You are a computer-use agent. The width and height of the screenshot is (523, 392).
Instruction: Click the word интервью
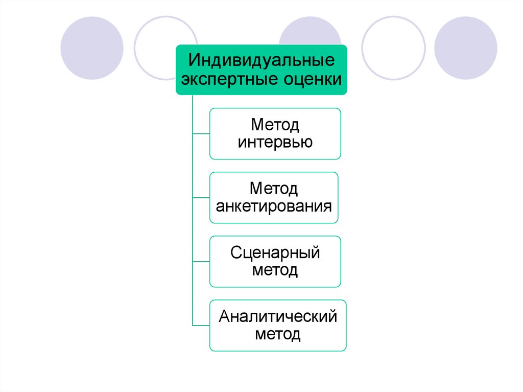275,142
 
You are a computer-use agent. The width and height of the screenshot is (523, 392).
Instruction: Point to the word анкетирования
274,206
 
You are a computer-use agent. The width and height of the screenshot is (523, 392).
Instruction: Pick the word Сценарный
275,252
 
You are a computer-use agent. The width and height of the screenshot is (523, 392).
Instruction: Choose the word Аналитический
278,316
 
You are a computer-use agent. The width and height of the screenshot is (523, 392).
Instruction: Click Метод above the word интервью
275,125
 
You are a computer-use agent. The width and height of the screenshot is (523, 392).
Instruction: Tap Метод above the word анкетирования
274,189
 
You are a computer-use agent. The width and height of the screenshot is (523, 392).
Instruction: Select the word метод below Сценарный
275,270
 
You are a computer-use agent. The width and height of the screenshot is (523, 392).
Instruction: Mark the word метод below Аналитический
278,334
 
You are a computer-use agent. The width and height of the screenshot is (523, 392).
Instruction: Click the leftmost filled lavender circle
92,48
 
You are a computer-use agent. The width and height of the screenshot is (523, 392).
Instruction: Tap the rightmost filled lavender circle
465,48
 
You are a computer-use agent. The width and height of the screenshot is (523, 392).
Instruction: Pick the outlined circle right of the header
393,48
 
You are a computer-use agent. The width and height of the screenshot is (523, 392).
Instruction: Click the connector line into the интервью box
201,133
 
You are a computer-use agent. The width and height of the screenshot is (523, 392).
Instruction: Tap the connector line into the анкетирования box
201,197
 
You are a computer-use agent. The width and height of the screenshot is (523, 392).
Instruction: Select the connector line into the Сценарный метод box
201,261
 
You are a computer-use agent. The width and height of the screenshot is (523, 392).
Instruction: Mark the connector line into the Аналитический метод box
201,325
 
